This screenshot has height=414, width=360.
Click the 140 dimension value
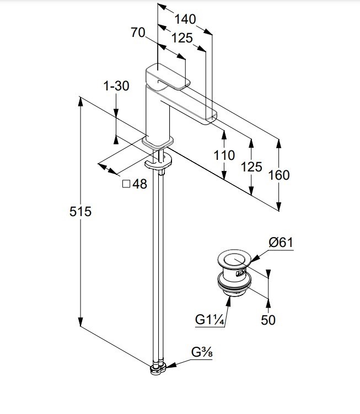(185, 19)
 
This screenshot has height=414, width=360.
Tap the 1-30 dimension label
(116, 86)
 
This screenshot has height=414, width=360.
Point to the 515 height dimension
(80, 211)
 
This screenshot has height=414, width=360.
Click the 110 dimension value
(224, 155)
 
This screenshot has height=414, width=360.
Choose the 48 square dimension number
(140, 184)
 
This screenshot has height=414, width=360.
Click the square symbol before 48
(126, 184)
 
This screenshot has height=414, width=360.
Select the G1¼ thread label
(208, 320)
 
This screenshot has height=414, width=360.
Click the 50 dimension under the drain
(268, 320)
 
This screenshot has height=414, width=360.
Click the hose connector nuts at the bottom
(158, 368)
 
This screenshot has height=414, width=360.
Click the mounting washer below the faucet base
(158, 163)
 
